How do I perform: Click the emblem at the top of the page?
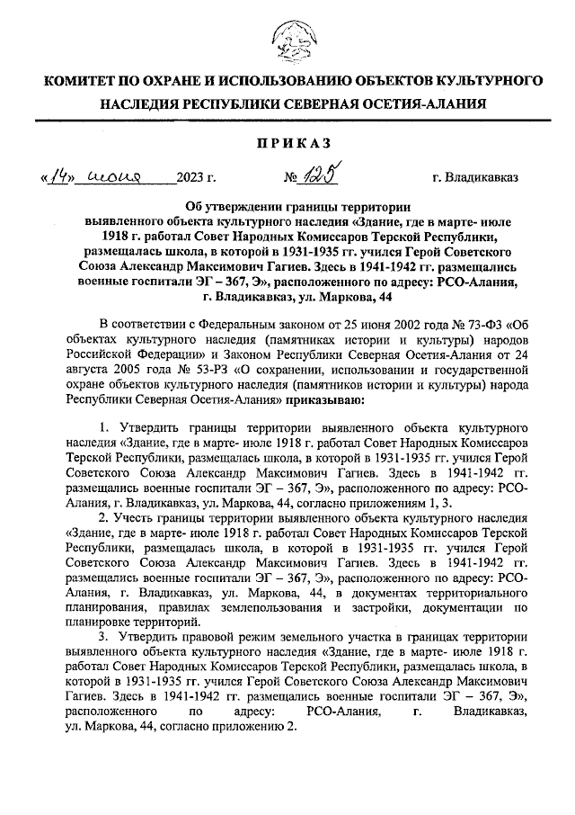[287, 40]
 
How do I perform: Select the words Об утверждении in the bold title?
[226, 204]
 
